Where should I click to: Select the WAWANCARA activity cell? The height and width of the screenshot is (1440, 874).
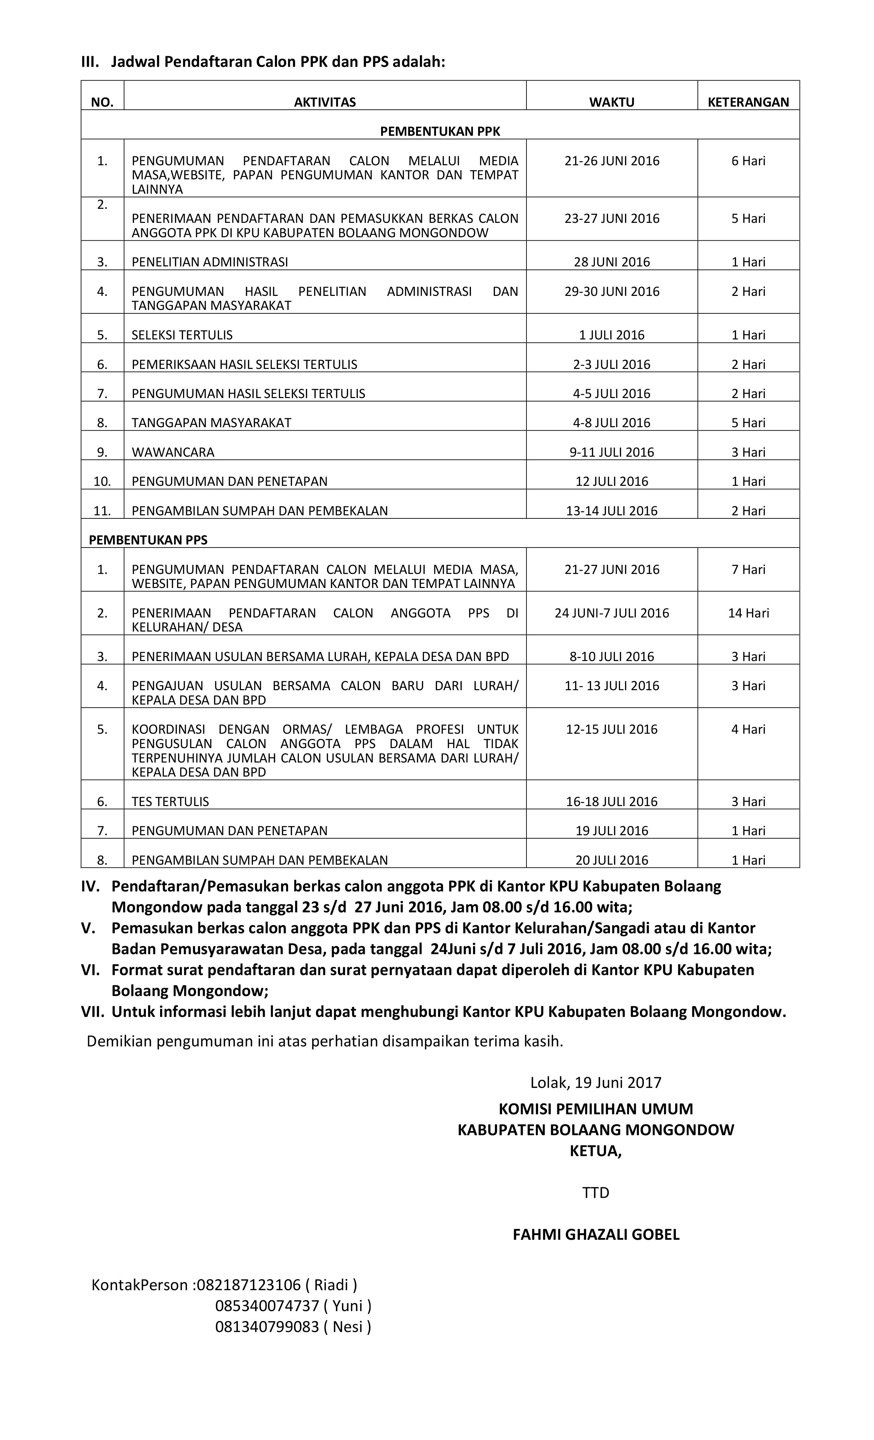(173, 452)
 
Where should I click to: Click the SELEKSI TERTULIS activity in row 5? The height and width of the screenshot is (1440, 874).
(182, 335)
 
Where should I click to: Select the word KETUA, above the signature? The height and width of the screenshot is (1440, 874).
(595, 1151)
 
